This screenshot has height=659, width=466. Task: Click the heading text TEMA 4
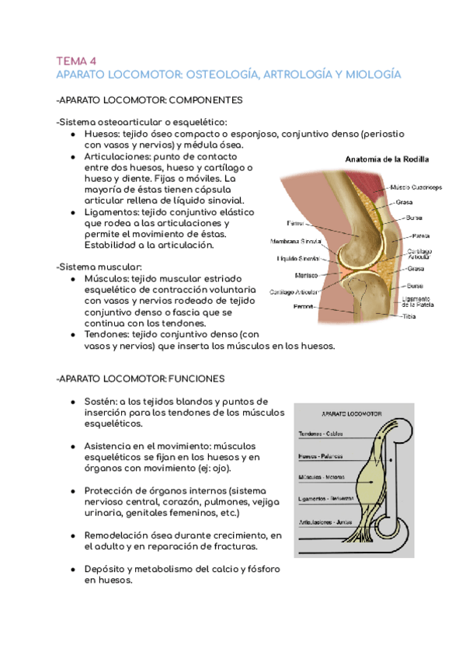tap(75, 60)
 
